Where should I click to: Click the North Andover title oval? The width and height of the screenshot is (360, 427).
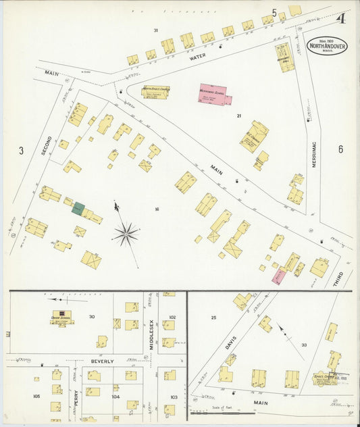tap(327, 46)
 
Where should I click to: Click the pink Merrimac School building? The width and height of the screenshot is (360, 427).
tap(214, 95)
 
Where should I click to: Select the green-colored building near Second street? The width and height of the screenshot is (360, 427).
tap(78, 209)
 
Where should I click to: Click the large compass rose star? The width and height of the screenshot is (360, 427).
tap(126, 234)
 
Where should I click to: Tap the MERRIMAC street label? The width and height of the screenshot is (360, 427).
tap(314, 172)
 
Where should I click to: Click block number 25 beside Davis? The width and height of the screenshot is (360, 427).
tap(213, 317)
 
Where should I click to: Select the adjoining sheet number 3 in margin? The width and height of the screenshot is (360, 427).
tap(21, 150)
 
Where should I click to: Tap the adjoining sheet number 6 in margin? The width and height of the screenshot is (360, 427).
tap(340, 149)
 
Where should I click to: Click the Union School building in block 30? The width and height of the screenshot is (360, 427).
tap(62, 317)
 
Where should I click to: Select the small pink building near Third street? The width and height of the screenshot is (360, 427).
tap(278, 276)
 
